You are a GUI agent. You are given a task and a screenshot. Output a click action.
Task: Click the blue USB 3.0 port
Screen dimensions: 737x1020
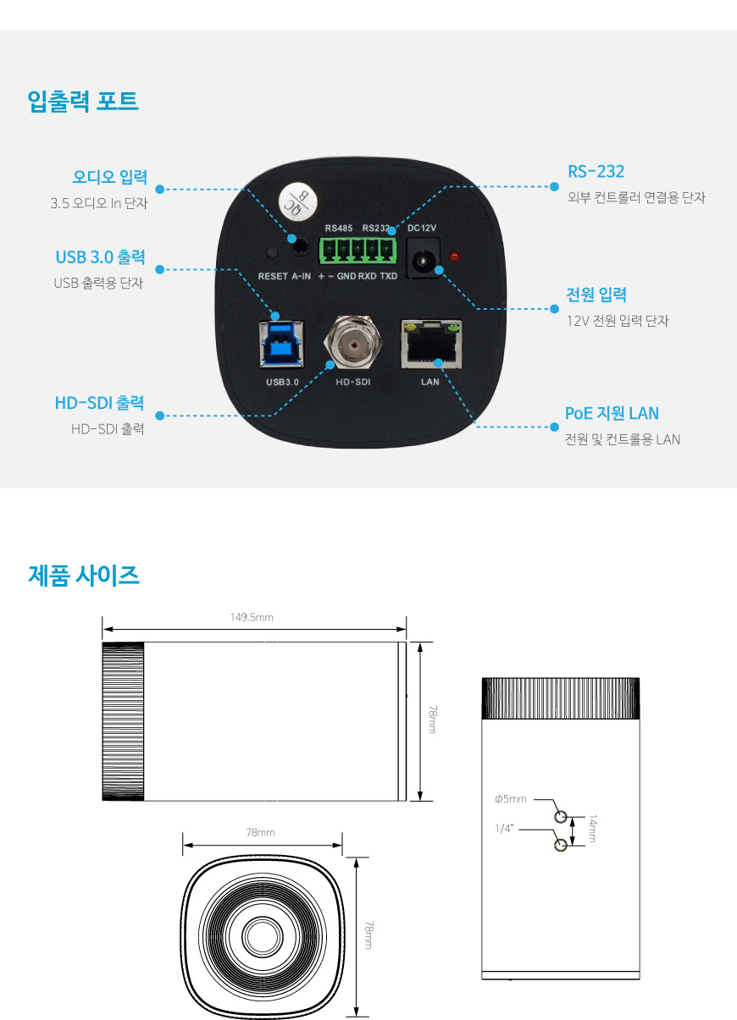(281, 344)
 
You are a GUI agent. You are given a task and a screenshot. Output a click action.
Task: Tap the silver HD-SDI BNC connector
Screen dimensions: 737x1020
(352, 344)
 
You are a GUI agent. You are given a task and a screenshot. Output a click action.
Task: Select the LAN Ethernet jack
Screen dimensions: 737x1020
(431, 344)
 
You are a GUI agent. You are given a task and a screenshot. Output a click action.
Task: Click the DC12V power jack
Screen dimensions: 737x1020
(423, 257)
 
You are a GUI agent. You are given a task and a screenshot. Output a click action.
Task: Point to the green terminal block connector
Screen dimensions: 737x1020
(357, 250)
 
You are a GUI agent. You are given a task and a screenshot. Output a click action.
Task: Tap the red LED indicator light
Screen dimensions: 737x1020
(454, 256)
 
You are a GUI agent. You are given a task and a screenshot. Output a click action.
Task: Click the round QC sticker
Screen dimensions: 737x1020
(298, 201)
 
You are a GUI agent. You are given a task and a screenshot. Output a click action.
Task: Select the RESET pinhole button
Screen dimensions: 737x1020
(272, 251)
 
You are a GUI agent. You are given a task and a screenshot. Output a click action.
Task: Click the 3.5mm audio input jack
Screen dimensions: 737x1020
(299, 246)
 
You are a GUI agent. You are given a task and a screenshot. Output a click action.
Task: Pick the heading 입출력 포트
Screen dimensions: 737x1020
(82, 101)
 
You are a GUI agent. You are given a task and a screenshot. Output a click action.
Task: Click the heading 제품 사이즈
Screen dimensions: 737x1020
(83, 575)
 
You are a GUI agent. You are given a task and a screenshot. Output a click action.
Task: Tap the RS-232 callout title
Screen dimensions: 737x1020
(596, 172)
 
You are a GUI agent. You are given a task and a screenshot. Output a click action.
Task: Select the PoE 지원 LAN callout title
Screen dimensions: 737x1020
(612, 413)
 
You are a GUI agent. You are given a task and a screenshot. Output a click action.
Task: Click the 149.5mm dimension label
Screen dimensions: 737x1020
(252, 617)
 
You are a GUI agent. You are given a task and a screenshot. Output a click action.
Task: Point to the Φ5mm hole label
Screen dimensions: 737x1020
(511, 799)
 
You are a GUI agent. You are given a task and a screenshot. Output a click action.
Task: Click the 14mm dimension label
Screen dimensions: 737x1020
(592, 829)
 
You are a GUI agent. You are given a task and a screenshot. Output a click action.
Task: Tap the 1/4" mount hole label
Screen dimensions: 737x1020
(504, 829)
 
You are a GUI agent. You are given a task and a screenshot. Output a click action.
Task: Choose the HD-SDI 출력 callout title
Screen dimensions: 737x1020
(99, 403)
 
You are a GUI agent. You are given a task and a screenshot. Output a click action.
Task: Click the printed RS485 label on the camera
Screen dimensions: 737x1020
(339, 229)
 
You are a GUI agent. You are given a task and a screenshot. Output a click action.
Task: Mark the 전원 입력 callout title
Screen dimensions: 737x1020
(596, 295)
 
